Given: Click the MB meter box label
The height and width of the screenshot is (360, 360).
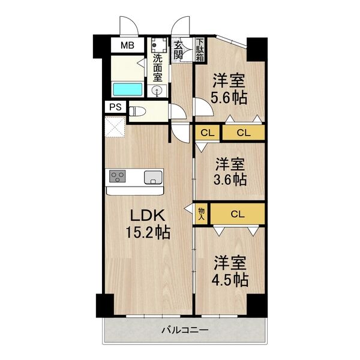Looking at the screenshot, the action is click(x=127, y=46).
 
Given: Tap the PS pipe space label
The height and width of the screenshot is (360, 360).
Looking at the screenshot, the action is click(x=115, y=107).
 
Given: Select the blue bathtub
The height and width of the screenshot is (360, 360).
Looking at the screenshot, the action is click(x=127, y=89).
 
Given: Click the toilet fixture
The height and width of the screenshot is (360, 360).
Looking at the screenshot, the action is click(x=137, y=112).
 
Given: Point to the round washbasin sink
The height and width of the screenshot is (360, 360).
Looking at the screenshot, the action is click(x=157, y=90).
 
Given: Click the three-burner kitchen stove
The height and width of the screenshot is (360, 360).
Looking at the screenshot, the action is click(x=118, y=176).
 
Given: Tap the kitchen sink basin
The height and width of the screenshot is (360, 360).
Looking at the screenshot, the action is click(x=153, y=178).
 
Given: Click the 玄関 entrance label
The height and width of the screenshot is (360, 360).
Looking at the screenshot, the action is click(x=178, y=50).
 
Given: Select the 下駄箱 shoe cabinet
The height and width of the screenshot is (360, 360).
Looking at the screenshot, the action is click(x=200, y=50).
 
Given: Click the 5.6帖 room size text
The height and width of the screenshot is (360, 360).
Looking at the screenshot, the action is click(x=229, y=98).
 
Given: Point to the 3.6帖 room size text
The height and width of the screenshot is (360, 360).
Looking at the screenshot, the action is click(x=230, y=180).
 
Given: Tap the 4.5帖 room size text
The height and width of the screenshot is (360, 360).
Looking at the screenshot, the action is click(x=231, y=280).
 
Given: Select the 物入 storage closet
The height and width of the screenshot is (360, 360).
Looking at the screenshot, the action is click(x=202, y=214).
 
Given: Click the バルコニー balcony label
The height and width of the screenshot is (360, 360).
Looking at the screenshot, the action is click(x=185, y=331).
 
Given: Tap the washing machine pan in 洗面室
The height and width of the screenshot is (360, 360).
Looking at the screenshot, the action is click(x=159, y=45).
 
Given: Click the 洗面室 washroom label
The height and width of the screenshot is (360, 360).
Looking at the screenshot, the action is click(x=158, y=68).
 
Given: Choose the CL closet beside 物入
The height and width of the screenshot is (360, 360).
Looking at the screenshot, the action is click(x=238, y=214).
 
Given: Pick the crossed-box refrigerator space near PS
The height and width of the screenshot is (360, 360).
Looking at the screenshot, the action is click(x=115, y=127).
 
